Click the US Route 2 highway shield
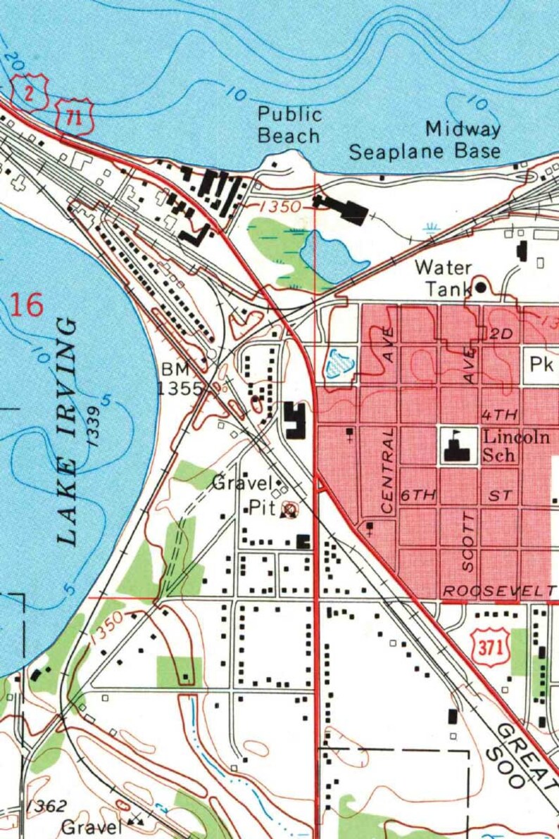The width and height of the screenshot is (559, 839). tap(30, 92)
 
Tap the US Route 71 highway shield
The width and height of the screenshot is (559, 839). tap(74, 118)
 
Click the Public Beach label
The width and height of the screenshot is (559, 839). tap(289, 125)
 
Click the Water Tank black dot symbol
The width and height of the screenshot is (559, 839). tap(481, 286)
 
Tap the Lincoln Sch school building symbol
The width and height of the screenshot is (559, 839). tap(457, 446)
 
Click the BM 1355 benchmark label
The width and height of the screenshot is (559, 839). tap(182, 379)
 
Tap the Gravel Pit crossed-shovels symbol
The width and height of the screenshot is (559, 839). tap(288, 509)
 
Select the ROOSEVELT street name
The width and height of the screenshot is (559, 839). tap(498, 591)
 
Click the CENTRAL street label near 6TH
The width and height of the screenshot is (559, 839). tap(387, 469)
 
